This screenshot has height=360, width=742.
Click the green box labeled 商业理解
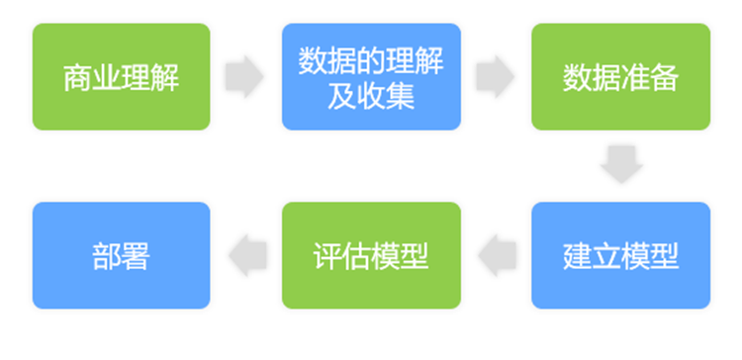(121, 76)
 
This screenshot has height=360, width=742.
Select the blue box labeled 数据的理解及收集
(371, 76)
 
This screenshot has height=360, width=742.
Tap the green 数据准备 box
(620, 76)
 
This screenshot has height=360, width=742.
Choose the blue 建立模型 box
(620, 255)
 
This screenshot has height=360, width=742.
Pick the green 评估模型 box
(371, 255)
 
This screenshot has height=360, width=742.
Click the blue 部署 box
(121, 255)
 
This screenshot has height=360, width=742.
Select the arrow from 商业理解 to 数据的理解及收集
(244, 76)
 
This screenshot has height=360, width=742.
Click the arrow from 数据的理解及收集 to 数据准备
(495, 76)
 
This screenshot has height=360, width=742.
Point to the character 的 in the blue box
(371, 61)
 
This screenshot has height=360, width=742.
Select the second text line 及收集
(371, 95)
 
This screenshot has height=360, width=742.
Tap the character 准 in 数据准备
(636, 77)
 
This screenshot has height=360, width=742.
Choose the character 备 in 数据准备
(665, 77)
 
